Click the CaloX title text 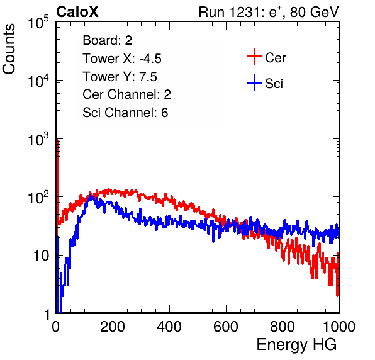tap(77, 12)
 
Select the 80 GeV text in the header tap(315, 12)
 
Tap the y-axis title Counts tap(9, 49)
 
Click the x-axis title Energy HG tap(296, 345)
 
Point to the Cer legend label tap(275, 58)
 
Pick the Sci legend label tap(274, 84)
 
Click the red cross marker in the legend tap(254, 57)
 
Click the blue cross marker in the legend tap(254, 82)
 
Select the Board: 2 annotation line tap(108, 40)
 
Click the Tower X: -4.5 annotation tap(122, 59)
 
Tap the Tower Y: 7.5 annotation tap(120, 77)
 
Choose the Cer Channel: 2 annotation tap(126, 94)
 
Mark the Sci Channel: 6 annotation tap(125, 113)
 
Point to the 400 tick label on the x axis tap(169, 327)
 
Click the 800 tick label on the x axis tap(283, 327)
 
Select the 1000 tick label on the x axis tap(339, 327)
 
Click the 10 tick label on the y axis tap(42, 256)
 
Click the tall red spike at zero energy tap(57, 182)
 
